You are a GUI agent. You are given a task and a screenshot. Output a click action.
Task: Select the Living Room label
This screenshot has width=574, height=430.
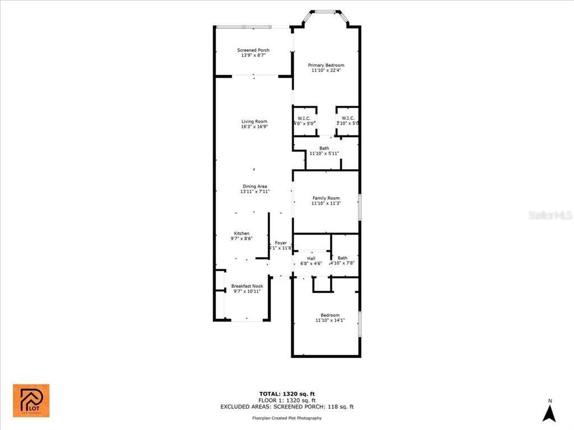coord(254,124)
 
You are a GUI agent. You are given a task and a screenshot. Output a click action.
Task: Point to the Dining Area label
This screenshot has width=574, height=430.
coord(254,189)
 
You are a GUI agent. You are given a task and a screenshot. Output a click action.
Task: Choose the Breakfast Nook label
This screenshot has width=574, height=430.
coord(247,289)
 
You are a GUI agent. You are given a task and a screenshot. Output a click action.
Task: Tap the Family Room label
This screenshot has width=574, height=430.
coord(326,201)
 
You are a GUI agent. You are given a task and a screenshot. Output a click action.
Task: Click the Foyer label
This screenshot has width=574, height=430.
coord(280,245)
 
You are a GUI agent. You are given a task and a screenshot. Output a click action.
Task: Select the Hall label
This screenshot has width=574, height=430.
coord(311,261)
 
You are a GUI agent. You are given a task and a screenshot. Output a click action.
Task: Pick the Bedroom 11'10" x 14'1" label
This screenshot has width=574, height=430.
coord(330,318)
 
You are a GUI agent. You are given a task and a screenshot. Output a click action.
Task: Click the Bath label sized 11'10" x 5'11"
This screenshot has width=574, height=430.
coord(324,151)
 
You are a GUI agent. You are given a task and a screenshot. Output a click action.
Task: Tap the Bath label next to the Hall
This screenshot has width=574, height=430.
coord(342,261)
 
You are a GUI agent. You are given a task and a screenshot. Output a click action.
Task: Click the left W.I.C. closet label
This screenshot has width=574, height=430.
coord(304,120)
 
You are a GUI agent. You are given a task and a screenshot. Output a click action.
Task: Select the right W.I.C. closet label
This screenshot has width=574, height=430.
coord(348,120)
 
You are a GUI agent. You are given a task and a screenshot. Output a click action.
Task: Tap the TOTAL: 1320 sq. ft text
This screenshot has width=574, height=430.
coord(287,394)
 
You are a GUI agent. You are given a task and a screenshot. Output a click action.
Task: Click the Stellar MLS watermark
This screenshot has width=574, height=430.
coord(549,215)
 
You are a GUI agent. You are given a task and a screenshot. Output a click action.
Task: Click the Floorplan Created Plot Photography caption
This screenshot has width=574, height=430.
coord(287,418)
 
